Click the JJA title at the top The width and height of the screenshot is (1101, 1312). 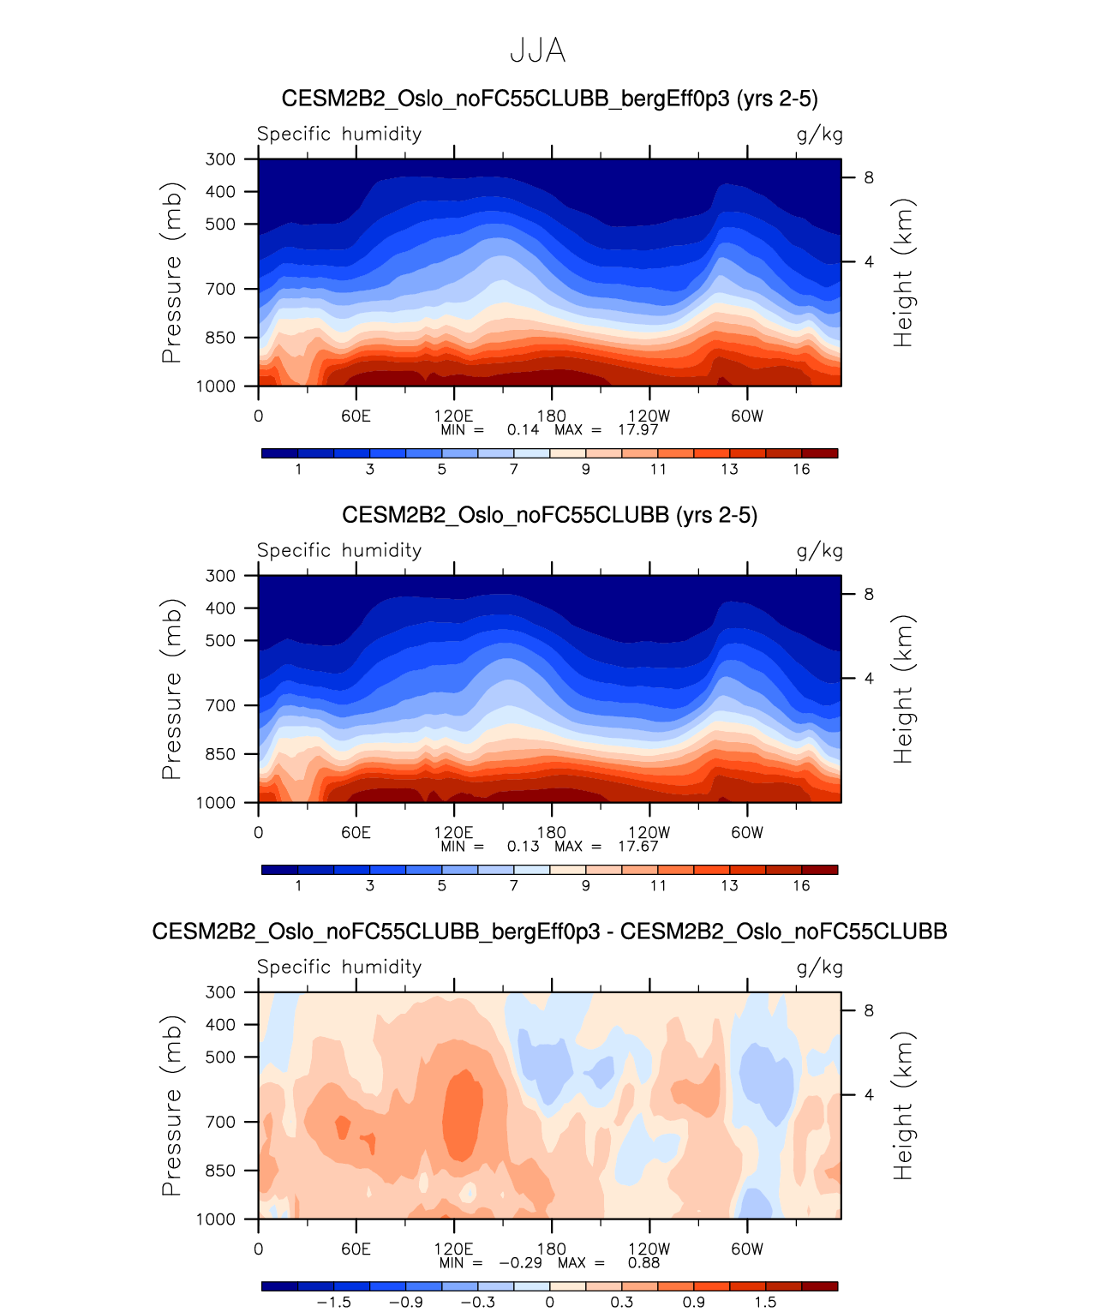(x=537, y=51)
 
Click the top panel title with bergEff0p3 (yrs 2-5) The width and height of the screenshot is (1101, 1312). (x=549, y=99)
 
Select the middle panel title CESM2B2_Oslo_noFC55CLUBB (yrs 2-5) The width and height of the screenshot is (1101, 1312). (x=549, y=515)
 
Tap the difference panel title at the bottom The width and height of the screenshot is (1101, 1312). (x=549, y=932)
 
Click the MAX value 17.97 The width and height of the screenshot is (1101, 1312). (x=638, y=430)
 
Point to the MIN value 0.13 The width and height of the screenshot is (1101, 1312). (x=523, y=847)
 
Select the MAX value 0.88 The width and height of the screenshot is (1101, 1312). (x=643, y=1263)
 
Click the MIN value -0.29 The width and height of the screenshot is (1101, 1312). (x=521, y=1263)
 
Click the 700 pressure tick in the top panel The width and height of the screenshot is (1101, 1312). (x=220, y=290)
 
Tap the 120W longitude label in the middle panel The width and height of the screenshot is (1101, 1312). (x=649, y=833)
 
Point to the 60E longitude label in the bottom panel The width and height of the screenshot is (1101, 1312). (x=356, y=1249)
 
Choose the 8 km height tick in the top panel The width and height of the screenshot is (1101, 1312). (x=869, y=178)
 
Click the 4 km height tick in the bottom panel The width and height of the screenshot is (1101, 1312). (x=869, y=1095)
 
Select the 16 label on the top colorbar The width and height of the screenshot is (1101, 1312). (x=801, y=470)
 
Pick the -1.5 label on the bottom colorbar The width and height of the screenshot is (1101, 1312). (x=333, y=1303)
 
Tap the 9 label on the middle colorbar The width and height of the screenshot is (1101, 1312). (x=585, y=886)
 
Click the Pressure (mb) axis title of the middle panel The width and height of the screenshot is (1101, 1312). (x=171, y=689)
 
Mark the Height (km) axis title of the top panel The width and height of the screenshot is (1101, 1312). (x=903, y=273)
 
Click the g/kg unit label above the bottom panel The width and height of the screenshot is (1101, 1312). (x=819, y=968)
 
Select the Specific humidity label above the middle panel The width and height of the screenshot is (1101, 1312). (x=339, y=550)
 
